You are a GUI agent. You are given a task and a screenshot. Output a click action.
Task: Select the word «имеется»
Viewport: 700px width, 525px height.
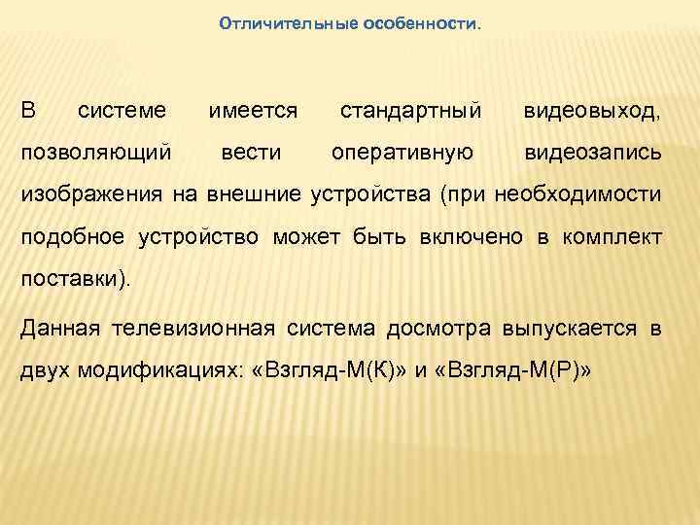(x=254, y=112)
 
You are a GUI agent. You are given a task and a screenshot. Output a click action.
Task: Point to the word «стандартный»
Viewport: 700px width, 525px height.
(x=410, y=112)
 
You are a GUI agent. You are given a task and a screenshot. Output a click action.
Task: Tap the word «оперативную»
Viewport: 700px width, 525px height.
(x=402, y=153)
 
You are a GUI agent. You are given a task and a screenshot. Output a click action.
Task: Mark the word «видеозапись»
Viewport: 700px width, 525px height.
(x=592, y=153)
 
